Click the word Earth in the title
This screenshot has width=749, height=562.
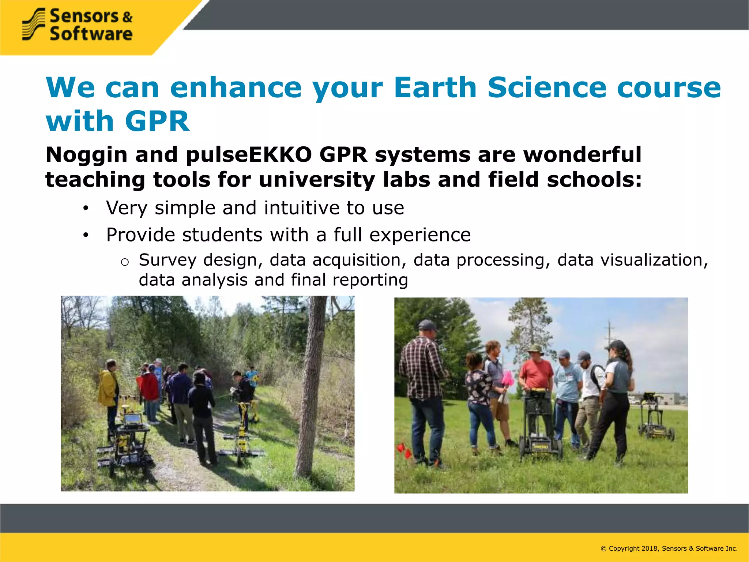[435, 87]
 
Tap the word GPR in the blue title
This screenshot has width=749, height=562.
[157, 121]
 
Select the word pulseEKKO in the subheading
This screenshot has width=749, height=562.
[249, 154]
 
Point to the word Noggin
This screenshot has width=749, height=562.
[86, 154]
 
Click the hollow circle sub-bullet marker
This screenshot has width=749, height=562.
[125, 262]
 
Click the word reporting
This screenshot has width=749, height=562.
[370, 280]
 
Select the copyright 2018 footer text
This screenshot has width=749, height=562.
[669, 548]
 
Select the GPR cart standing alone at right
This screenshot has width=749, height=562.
[656, 417]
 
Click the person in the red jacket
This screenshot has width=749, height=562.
[150, 386]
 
